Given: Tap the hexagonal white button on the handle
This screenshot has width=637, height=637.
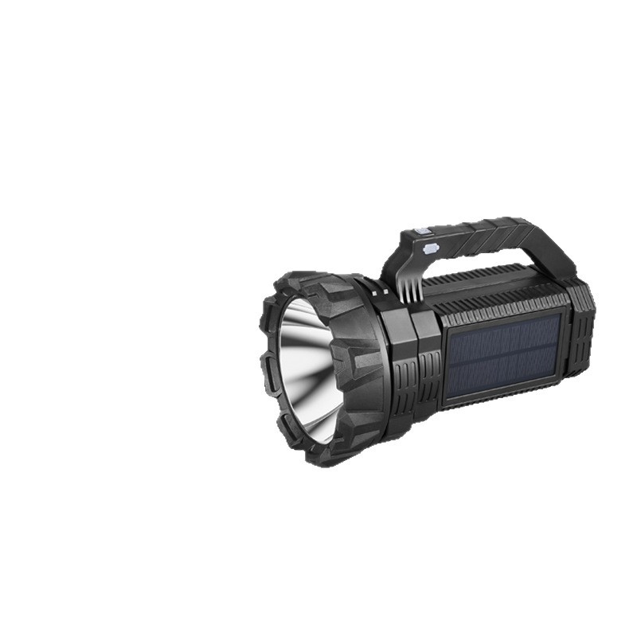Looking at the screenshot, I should pos(431,248).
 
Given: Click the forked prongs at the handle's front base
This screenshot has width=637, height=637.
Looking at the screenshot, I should pos(407,289).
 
